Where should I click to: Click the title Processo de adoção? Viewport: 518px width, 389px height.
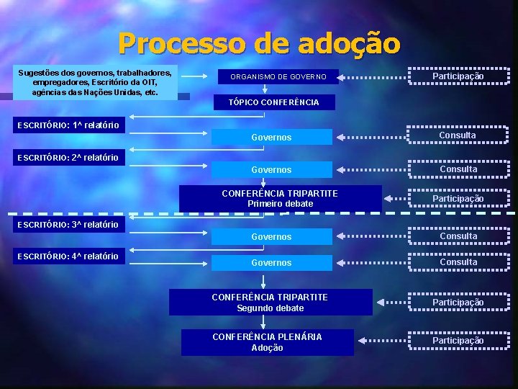click(x=259, y=43)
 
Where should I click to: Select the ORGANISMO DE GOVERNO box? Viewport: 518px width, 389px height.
click(x=278, y=76)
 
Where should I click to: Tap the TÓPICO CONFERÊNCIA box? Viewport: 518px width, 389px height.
click(x=273, y=102)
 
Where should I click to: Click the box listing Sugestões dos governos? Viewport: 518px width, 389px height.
click(x=95, y=83)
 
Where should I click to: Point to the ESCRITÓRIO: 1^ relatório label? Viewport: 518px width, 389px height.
click(x=68, y=125)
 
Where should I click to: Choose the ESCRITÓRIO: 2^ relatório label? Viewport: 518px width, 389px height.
click(x=68, y=157)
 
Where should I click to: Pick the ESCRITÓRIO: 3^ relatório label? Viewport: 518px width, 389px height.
click(x=68, y=224)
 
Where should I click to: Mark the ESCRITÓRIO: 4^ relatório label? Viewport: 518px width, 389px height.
click(x=68, y=256)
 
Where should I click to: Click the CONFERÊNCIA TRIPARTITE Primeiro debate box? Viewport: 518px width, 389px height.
click(x=280, y=199)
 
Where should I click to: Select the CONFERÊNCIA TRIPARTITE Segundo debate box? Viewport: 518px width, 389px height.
click(x=271, y=303)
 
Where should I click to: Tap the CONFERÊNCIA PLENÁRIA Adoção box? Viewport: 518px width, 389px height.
click(x=268, y=342)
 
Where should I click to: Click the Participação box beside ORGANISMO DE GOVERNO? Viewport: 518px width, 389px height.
click(x=458, y=76)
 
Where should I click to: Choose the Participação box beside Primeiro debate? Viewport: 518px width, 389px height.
click(x=458, y=198)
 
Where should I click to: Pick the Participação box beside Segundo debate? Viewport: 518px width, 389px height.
click(x=458, y=303)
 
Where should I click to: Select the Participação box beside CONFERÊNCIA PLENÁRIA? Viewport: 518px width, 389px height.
click(x=458, y=341)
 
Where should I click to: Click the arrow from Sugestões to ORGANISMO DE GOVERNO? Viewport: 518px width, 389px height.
click(x=198, y=76)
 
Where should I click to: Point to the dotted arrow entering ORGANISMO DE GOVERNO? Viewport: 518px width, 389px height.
click(x=372, y=76)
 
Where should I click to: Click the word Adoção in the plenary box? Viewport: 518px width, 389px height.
click(x=268, y=348)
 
